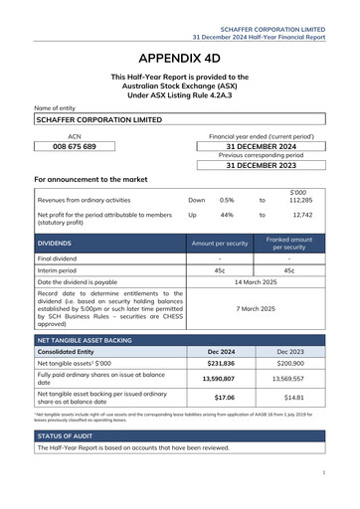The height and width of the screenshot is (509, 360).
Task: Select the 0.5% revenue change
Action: click(x=227, y=199)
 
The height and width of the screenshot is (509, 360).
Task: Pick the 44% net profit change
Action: click(x=227, y=214)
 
